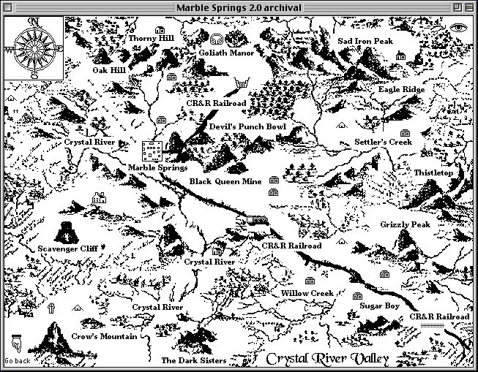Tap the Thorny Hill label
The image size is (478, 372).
tap(152, 38)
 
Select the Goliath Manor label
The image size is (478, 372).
tap(226, 53)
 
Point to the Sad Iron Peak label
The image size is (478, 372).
tap(365, 42)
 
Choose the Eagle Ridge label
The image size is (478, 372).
tap(402, 90)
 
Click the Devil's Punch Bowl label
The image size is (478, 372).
tap(247, 127)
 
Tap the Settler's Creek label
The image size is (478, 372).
tap(383, 142)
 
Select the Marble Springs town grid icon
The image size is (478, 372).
tap(152, 151)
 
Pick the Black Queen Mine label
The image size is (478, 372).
tap(225, 181)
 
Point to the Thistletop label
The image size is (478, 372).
tap(433, 172)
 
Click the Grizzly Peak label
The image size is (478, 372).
tap(405, 224)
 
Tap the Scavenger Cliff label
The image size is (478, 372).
tap(67, 248)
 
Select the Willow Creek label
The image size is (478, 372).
tap(307, 293)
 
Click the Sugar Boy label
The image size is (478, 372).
tap(379, 306)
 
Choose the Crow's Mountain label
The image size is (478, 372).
tap(104, 337)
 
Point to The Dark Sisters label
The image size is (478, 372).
tap(193, 360)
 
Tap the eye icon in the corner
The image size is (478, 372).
tap(459, 27)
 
